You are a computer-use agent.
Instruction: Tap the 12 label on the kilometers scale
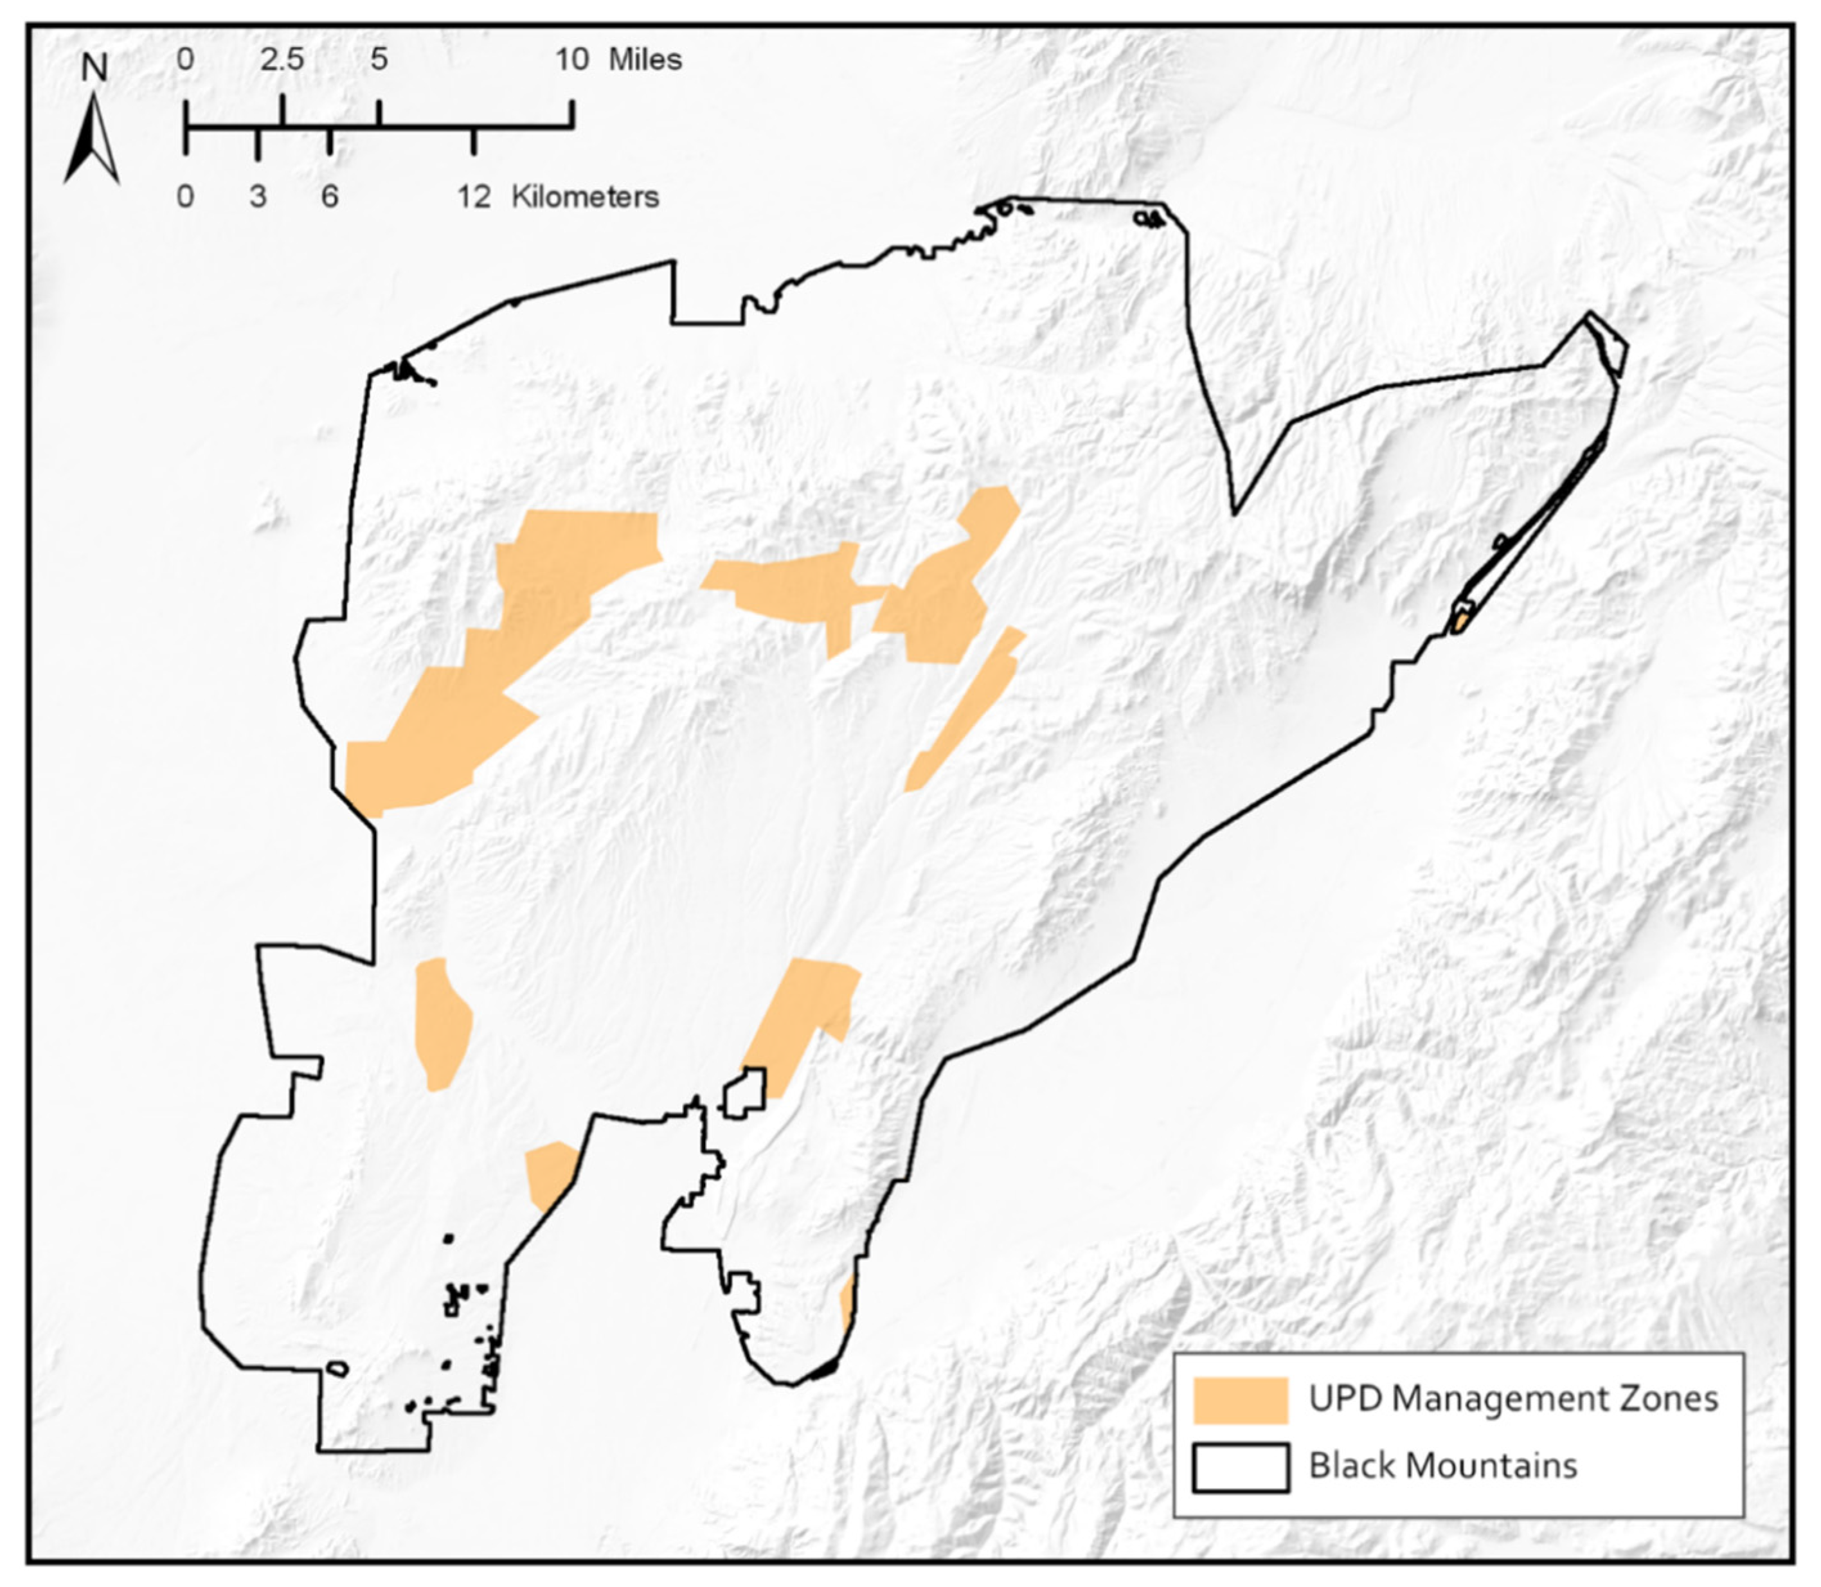click(474, 197)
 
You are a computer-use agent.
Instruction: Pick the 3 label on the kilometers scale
click(258, 197)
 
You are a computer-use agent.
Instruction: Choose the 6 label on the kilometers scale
click(330, 197)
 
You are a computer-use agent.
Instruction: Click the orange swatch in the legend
click(1240, 1400)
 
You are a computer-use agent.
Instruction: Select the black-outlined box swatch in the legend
click(1240, 1467)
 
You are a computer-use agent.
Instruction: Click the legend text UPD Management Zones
click(1512, 1399)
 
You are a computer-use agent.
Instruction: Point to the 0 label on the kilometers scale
click(185, 197)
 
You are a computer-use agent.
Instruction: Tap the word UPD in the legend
click(1345, 1399)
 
